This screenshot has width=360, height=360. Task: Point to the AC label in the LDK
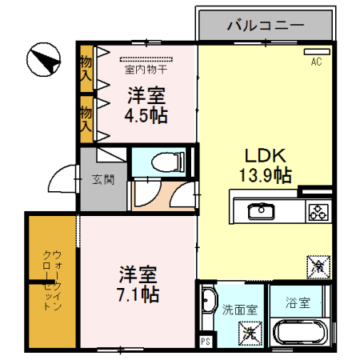[x=315, y=61]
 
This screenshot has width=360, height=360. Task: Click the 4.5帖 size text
[x=146, y=114]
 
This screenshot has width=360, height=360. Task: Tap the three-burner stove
[x=317, y=212]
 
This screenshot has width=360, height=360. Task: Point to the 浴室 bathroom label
[x=306, y=305]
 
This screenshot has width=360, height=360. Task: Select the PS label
[x=206, y=342]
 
